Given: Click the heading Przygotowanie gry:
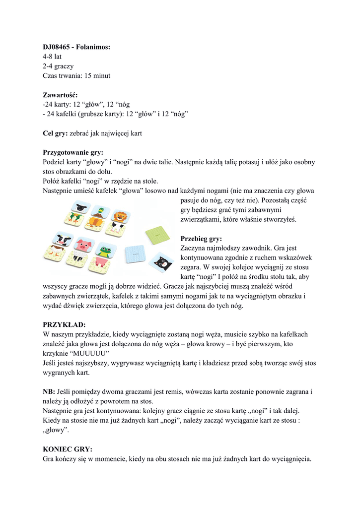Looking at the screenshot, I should [x=76, y=152].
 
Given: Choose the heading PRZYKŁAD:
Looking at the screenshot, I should [x=64, y=324].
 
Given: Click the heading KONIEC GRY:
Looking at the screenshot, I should [x=68, y=449].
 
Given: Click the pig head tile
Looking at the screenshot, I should [x=84, y=244].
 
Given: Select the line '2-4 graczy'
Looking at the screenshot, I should [x=58, y=66].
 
